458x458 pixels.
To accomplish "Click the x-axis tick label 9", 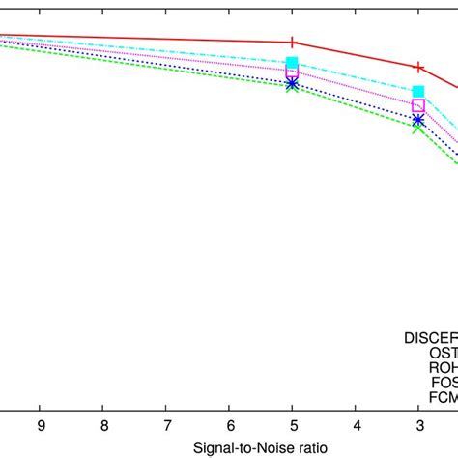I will (x=40, y=424).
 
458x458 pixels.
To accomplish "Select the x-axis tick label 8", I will (x=103, y=424).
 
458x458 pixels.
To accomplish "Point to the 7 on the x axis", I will (x=166, y=424).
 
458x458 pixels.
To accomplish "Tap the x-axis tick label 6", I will (x=229, y=424).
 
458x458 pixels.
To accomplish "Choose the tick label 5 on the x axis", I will (x=293, y=424).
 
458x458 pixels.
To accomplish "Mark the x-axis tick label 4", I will (x=356, y=424).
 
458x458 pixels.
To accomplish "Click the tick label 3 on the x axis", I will (x=418, y=424).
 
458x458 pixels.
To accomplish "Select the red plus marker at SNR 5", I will (x=293, y=43).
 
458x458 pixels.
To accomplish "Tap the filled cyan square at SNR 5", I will (x=293, y=64).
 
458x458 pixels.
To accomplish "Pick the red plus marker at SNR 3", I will (x=418, y=67).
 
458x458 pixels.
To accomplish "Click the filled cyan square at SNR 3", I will (x=418, y=92).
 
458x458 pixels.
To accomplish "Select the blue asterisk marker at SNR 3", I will (x=418, y=121).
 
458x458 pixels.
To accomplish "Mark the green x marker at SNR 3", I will (x=418, y=127).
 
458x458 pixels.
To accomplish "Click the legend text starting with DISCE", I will (x=430, y=338).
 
